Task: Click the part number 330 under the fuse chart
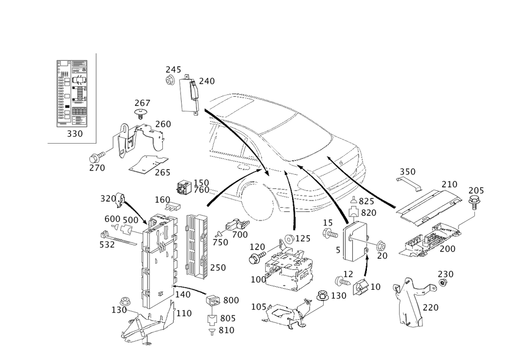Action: (75, 134)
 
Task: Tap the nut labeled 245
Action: (170, 80)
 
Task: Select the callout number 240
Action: (207, 81)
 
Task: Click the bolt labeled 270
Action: (97, 157)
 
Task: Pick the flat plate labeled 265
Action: (148, 164)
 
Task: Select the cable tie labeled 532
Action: (119, 238)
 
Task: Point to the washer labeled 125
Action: (289, 239)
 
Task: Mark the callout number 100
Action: (259, 280)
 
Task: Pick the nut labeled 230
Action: (442, 283)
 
